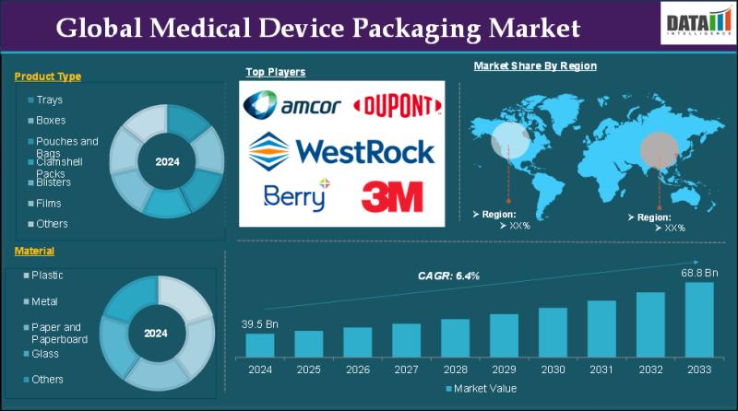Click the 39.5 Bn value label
(260, 323)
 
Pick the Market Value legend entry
(482, 389)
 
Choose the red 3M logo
(392, 196)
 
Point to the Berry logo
(295, 195)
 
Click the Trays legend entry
(49, 100)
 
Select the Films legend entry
(49, 203)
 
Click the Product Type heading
(48, 76)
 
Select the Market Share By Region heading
(535, 66)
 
